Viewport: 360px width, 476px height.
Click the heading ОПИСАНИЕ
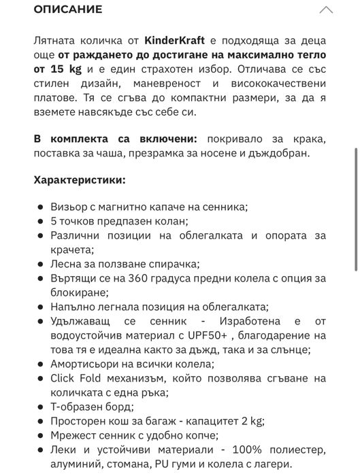68,10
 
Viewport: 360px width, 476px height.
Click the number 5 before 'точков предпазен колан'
54,221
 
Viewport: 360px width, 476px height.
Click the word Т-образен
77,407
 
